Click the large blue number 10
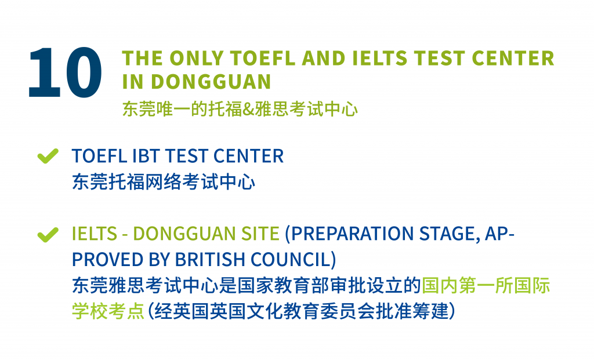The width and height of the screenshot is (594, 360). coord(65,72)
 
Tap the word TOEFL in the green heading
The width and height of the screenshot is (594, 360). coord(263,59)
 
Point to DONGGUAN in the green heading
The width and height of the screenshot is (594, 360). coord(211,82)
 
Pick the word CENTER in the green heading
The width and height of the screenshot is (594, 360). coord(513,59)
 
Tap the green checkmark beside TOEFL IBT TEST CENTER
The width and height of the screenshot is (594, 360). coord(48,156)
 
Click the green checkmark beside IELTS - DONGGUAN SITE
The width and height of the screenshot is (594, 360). coord(48,234)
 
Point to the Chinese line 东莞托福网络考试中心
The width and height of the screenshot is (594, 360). coord(163,181)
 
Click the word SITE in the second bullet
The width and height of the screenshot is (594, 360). coord(260,234)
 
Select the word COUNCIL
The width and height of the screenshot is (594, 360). coord(291,260)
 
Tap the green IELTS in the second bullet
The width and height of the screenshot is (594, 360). coord(95,234)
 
